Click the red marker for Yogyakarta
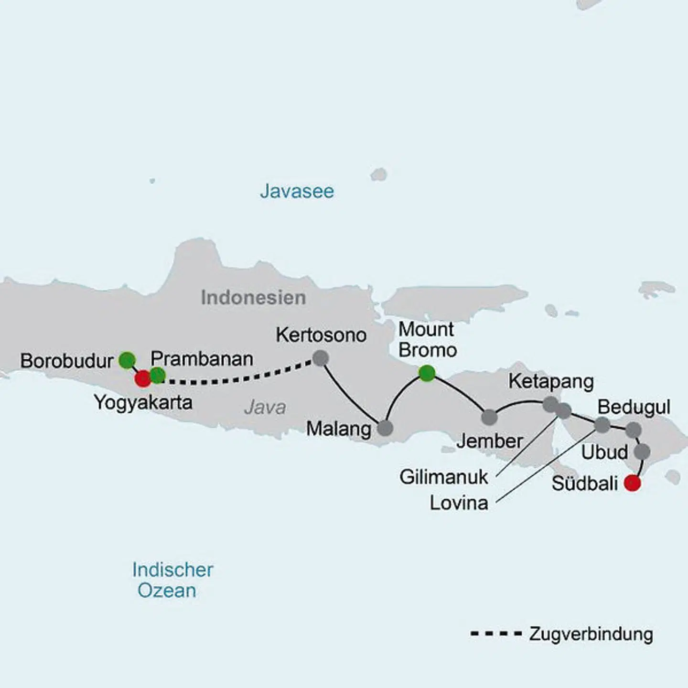pos(143,379)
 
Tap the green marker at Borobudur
pos(127,360)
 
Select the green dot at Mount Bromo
pos(427,373)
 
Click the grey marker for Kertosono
pos(321,357)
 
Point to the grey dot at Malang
pos(385,428)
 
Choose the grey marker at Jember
pos(489,417)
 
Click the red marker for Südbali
pos(633,483)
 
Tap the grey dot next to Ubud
pos(642,451)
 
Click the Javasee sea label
pos(297,191)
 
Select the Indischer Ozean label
pos(172,580)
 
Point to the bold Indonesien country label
pos(253,298)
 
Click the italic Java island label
pos(265,408)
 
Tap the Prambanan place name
pos(202,359)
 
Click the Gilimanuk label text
pos(444,477)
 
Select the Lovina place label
pos(459,503)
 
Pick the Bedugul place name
pos(634,407)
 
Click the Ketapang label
pos(551,381)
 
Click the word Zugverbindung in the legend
pos(591,634)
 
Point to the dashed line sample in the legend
pos(496,634)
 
